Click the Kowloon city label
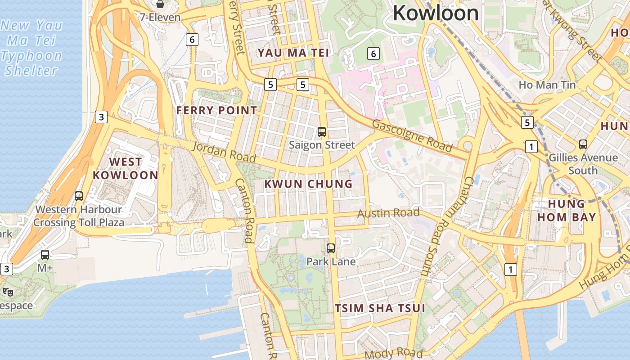(x=436, y=13)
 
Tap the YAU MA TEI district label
(x=293, y=53)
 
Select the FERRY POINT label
(x=216, y=110)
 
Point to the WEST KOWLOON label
(x=126, y=168)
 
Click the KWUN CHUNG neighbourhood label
(x=308, y=184)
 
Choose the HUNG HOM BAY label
(x=566, y=211)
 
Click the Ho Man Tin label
(x=547, y=85)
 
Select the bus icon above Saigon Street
(x=322, y=132)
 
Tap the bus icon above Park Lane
(x=331, y=248)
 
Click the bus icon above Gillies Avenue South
(x=583, y=144)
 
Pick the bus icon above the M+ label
(x=45, y=255)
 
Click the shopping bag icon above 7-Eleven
(x=160, y=4)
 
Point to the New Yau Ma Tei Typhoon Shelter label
(x=31, y=48)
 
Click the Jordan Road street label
(x=224, y=152)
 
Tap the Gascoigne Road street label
(x=412, y=136)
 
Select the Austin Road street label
(x=388, y=213)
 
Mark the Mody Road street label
(x=393, y=354)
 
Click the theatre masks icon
(x=8, y=292)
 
